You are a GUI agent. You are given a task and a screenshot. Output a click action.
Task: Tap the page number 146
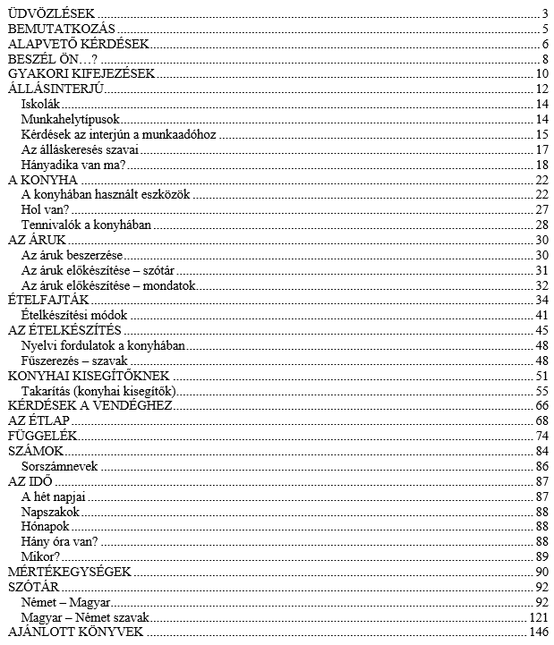(x=539, y=632)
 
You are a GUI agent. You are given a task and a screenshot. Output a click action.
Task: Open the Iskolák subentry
(x=40, y=103)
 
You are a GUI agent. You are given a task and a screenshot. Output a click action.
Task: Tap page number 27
(x=541, y=209)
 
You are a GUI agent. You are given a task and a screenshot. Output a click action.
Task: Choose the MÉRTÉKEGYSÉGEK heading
(x=69, y=572)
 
